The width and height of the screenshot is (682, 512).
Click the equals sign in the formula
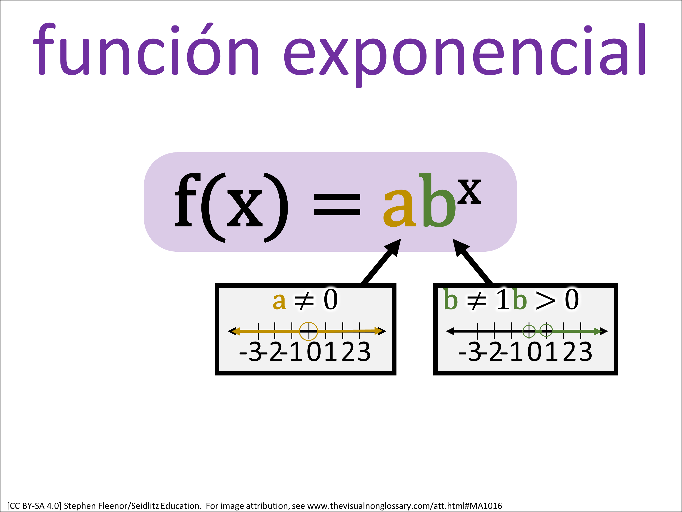point(337,204)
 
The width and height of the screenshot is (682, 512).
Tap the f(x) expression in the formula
point(232,207)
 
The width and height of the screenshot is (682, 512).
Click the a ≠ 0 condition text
point(305,300)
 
